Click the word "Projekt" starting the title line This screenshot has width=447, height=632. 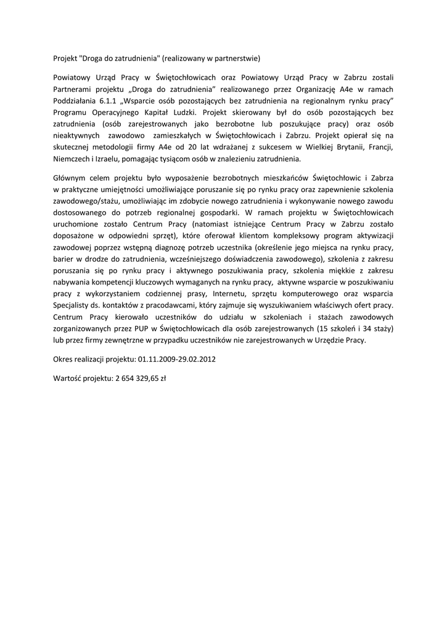tap(65, 59)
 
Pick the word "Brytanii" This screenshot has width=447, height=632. tap(339, 147)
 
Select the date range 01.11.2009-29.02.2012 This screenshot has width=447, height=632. tap(177, 358)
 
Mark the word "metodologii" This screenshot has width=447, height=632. tap(119, 147)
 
